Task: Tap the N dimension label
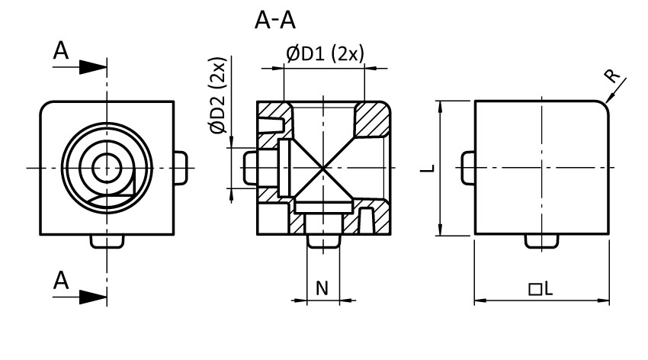(x=322, y=288)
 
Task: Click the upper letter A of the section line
(x=62, y=51)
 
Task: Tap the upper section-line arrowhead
(x=93, y=66)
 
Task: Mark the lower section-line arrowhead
(x=93, y=294)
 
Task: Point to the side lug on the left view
(x=181, y=166)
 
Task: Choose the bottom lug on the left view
(x=106, y=241)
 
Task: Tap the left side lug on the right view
(x=468, y=166)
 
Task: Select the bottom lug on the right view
(x=541, y=241)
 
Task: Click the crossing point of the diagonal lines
(x=321, y=166)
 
